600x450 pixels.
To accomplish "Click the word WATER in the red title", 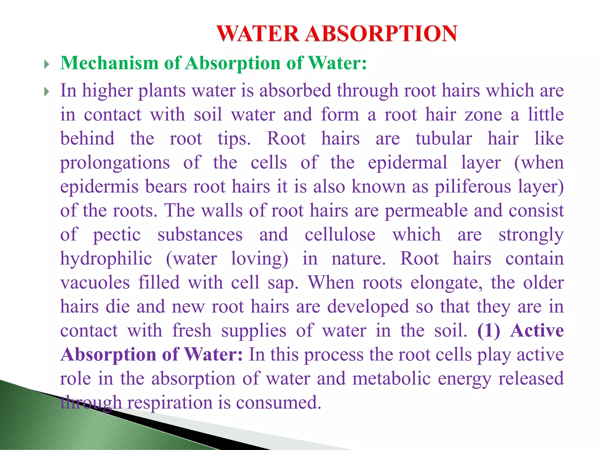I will click(258, 34).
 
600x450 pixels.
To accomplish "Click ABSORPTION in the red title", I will click(381, 34).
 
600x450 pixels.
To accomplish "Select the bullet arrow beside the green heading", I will click(46, 64).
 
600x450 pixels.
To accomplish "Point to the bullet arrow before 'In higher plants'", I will click(46, 92).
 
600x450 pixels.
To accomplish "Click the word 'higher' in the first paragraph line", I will click(107, 91).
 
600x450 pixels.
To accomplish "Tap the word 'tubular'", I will click(444, 139).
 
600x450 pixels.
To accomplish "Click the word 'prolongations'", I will click(115, 163).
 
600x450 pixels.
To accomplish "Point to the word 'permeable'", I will click(426, 211).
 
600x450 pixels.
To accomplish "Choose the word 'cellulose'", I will click(340, 235).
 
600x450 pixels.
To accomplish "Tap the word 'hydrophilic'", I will click(106, 259).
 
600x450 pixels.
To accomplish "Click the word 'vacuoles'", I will click(95, 283).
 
